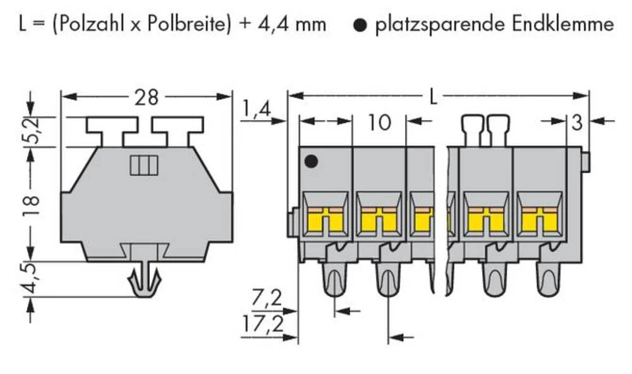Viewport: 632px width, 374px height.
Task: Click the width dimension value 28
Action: click(147, 97)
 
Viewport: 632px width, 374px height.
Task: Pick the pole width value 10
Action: click(379, 122)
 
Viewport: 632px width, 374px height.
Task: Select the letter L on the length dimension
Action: click(433, 97)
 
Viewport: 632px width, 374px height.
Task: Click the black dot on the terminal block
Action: click(310, 162)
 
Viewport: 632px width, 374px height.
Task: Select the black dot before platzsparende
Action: click(360, 25)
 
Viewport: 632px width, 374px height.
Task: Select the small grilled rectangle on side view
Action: click(142, 166)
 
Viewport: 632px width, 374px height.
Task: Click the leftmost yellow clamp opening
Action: click(325, 219)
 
